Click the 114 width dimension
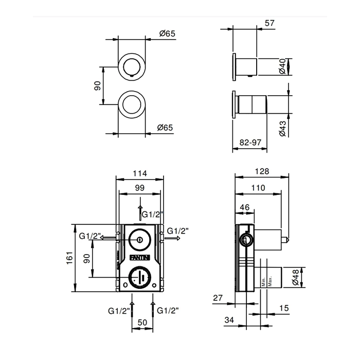coord(139,174)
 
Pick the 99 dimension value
coord(139,188)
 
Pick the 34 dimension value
coord(230,320)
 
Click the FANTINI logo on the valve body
coord(140,257)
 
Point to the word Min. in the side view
coord(262,279)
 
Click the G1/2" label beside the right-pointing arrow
coord(178,231)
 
